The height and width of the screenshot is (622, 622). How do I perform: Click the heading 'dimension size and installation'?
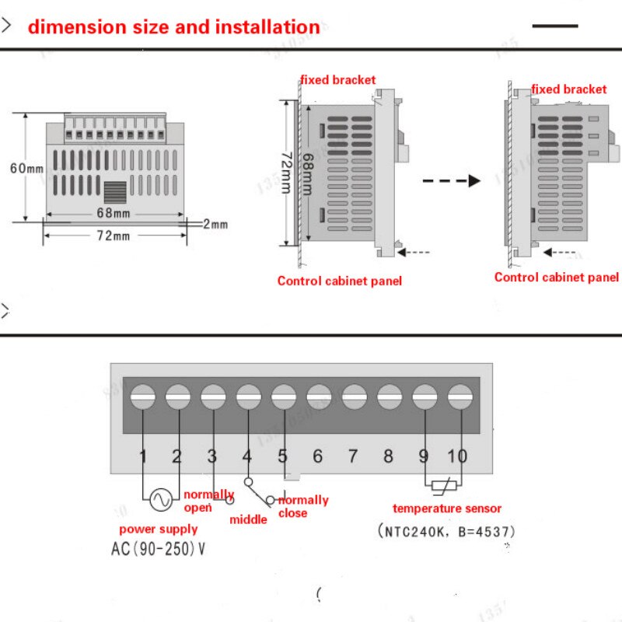tap(173, 27)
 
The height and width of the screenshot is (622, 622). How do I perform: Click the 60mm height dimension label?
tap(26, 168)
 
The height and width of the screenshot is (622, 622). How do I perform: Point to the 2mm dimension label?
tap(215, 225)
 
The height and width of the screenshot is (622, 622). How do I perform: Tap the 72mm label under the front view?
tap(114, 236)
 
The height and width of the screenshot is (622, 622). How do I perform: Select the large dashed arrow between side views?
tap(452, 180)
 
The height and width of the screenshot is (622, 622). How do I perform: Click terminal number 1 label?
tap(143, 456)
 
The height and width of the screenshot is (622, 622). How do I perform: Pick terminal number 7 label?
tap(353, 456)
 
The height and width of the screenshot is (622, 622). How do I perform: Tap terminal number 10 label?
tap(457, 456)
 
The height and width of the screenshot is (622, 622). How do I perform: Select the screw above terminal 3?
tap(213, 397)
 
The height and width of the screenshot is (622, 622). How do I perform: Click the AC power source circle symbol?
tap(162, 500)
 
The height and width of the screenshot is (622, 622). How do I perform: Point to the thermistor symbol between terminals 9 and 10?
tap(442, 487)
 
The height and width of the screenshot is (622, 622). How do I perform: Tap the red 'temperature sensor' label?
tap(447, 508)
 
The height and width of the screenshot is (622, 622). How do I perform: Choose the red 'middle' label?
tap(248, 519)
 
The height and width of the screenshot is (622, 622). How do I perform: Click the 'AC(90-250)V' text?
tap(159, 548)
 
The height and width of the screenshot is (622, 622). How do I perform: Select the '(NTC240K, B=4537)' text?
tap(446, 532)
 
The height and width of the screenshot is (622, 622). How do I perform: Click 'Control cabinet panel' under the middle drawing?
tap(340, 281)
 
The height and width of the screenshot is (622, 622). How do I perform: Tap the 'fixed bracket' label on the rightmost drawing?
tap(569, 89)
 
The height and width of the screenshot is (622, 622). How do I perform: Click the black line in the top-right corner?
tap(555, 26)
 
